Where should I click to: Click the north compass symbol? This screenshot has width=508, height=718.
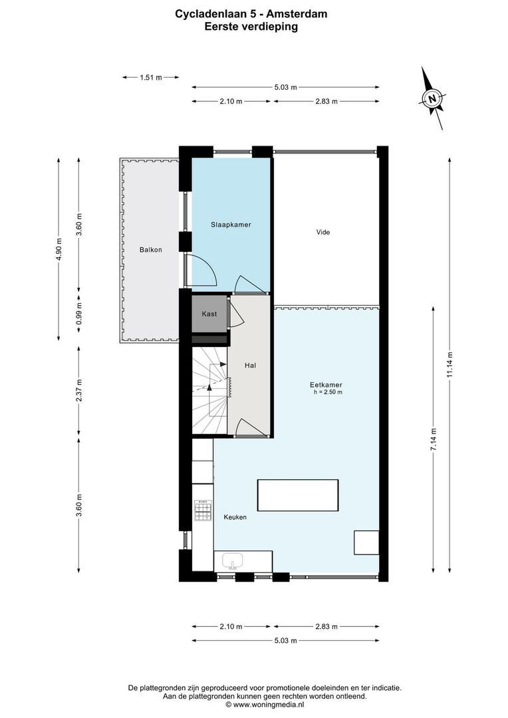[432, 100]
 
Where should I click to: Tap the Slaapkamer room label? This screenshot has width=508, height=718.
[231, 225]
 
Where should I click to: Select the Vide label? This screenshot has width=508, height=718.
[322, 232]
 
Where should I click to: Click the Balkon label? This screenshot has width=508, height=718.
[150, 249]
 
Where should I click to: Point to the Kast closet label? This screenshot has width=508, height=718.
[209, 313]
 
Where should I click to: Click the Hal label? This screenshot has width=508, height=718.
[250, 365]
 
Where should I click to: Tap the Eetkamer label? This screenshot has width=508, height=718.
[326, 384]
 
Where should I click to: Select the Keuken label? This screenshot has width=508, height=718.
[235, 517]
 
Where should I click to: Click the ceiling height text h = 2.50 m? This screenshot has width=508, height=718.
[328, 392]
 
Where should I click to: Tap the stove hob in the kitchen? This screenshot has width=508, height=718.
[202, 510]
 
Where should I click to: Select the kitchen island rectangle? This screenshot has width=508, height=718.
[297, 495]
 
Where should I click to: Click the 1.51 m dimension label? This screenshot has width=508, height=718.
[150, 78]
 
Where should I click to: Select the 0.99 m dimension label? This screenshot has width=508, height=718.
[78, 318]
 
